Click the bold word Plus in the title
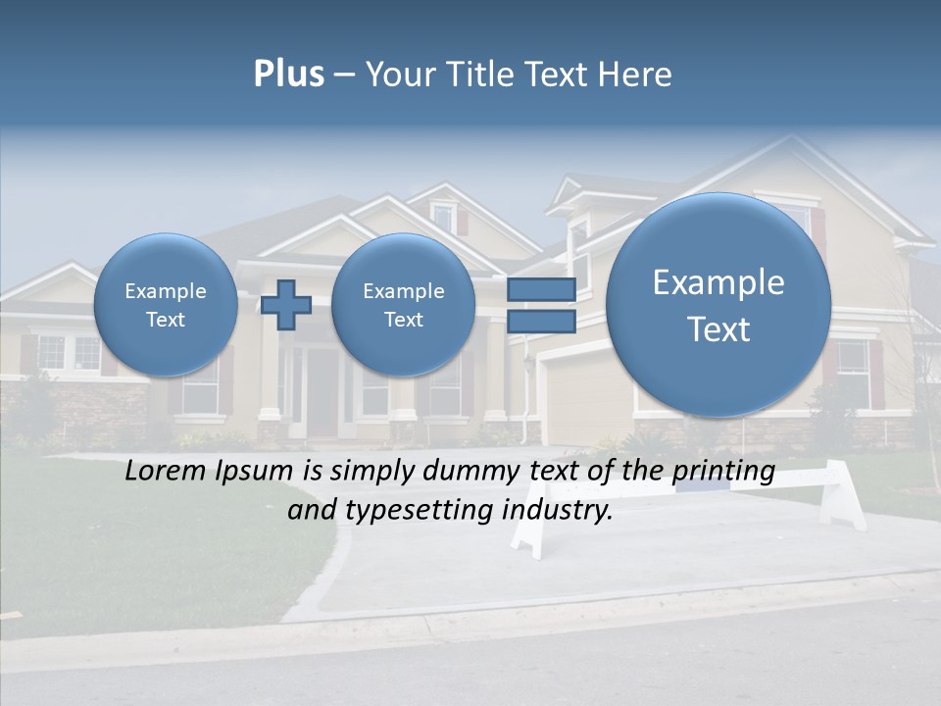pyautogui.click(x=288, y=75)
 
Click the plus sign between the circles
pyautogui.click(x=286, y=305)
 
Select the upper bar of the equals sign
pyautogui.click(x=540, y=289)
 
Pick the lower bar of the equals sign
pyautogui.click(x=540, y=322)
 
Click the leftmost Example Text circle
pyautogui.click(x=166, y=305)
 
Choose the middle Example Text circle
pyautogui.click(x=403, y=305)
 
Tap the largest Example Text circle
pyautogui.click(x=718, y=305)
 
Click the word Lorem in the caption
pyautogui.click(x=162, y=471)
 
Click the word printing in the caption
pyautogui.click(x=722, y=472)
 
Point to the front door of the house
pyautogui.click(x=322, y=392)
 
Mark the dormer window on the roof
pyautogui.click(x=443, y=217)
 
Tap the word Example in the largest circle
pyautogui.click(x=718, y=282)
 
